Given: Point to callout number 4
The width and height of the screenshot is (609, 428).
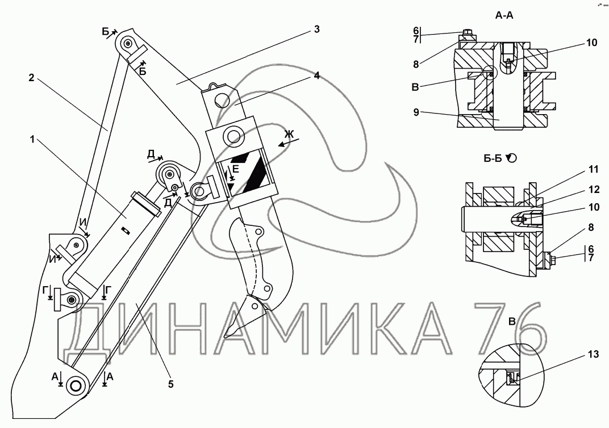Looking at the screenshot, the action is pos(316,75).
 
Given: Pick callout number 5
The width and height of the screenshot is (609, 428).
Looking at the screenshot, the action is pos(170,384).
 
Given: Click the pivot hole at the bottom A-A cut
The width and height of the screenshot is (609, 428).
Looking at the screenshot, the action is pos(74,385).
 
